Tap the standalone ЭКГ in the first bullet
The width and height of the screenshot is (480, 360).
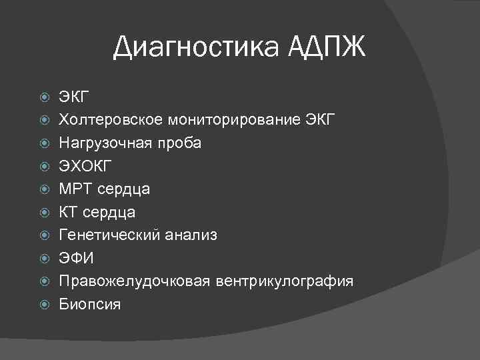point(73,98)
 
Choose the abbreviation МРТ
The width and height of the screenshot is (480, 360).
point(75,189)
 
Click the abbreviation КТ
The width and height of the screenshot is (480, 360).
point(69,212)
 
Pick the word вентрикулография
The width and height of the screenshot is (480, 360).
point(284,281)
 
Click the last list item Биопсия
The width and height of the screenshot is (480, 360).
point(89,304)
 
